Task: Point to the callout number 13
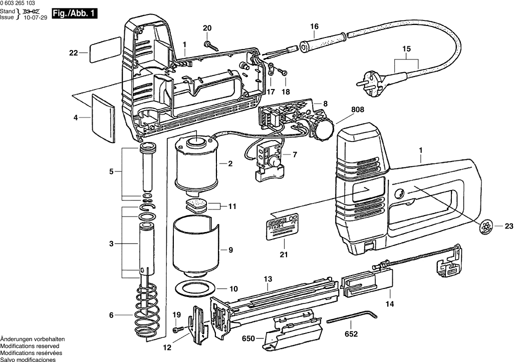pyautogui.click(x=268, y=278)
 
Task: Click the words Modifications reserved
pyautogui.click(x=30, y=346)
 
